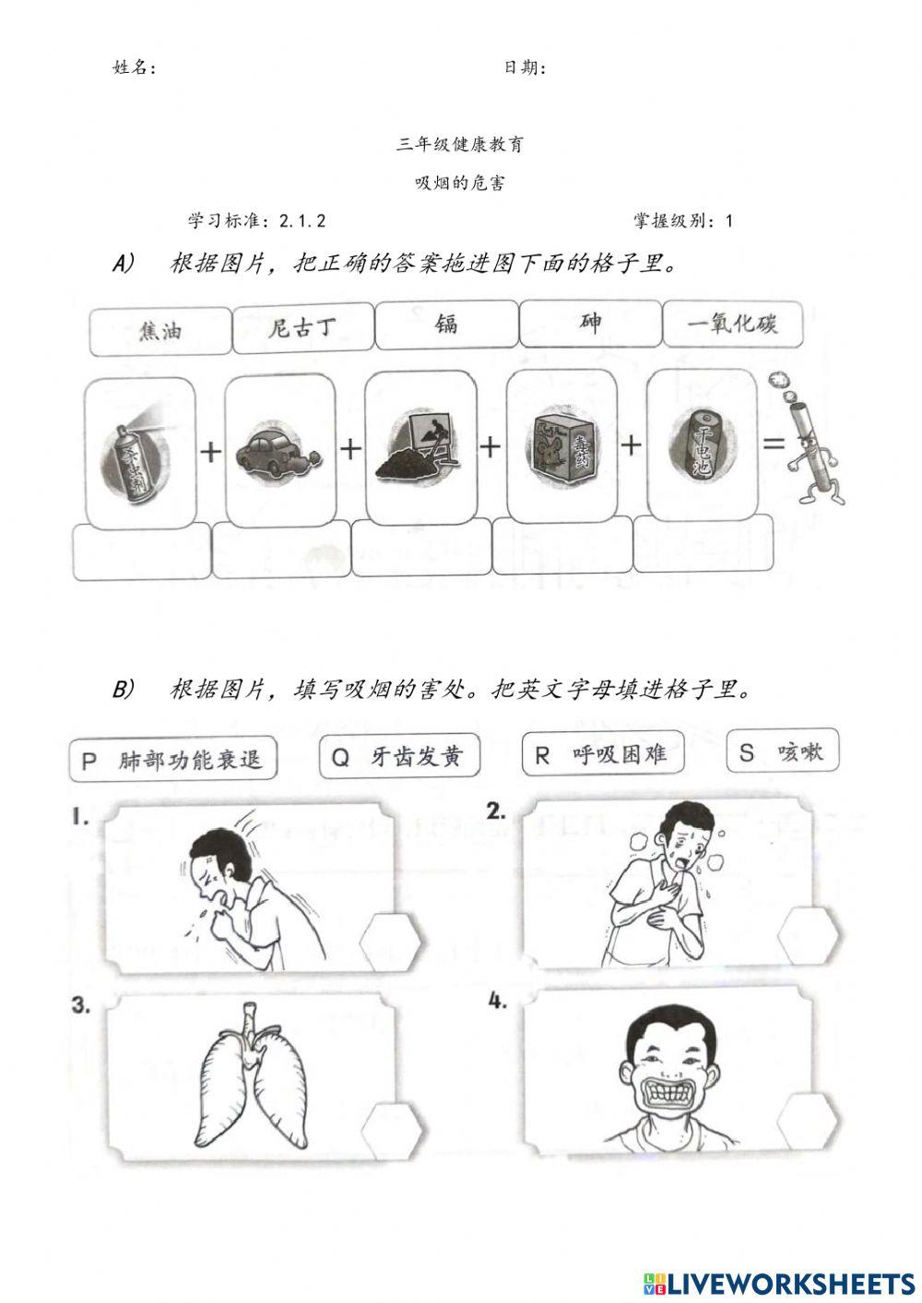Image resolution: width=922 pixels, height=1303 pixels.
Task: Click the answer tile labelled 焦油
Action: (x=160, y=330)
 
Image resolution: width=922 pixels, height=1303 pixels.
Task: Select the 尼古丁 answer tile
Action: (x=302, y=328)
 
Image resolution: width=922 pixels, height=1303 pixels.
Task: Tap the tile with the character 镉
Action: (x=446, y=326)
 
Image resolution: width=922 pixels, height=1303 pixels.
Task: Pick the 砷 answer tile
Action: (x=590, y=323)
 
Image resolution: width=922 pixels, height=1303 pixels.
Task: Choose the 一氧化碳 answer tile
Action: (x=733, y=324)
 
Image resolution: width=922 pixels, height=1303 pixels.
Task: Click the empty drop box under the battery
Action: (x=703, y=544)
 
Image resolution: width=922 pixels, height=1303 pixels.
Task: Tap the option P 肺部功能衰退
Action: (x=172, y=760)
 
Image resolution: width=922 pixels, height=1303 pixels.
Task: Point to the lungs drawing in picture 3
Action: (x=248, y=1079)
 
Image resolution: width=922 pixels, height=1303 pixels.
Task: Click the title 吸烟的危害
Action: (x=460, y=183)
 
